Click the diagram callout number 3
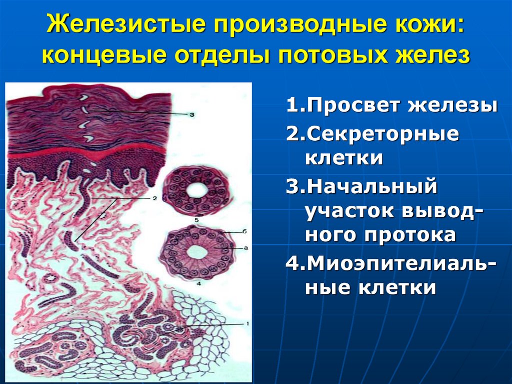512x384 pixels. [191, 114]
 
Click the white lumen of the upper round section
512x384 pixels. [197, 190]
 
